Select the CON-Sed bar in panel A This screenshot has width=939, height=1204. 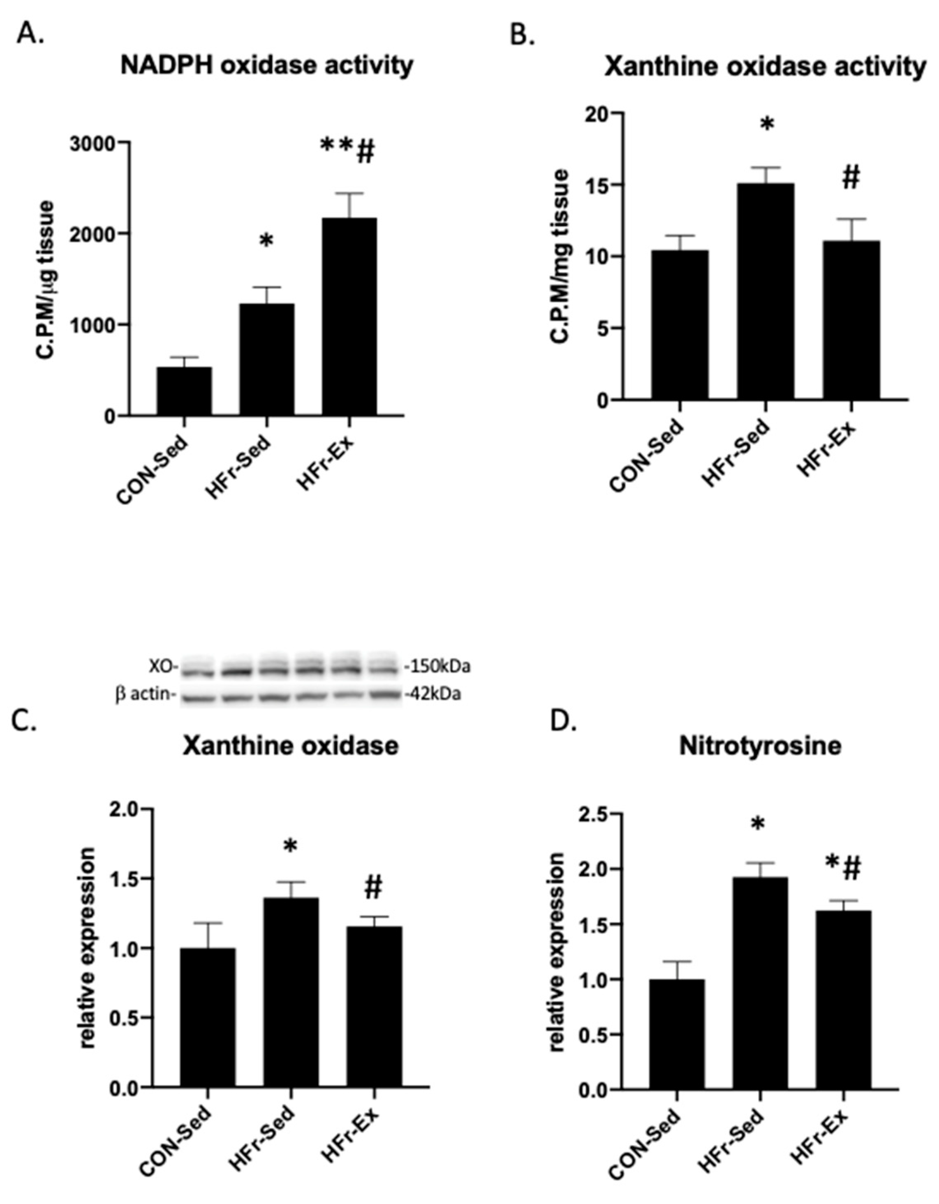point(184,391)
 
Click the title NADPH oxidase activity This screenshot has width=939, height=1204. point(267,66)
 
